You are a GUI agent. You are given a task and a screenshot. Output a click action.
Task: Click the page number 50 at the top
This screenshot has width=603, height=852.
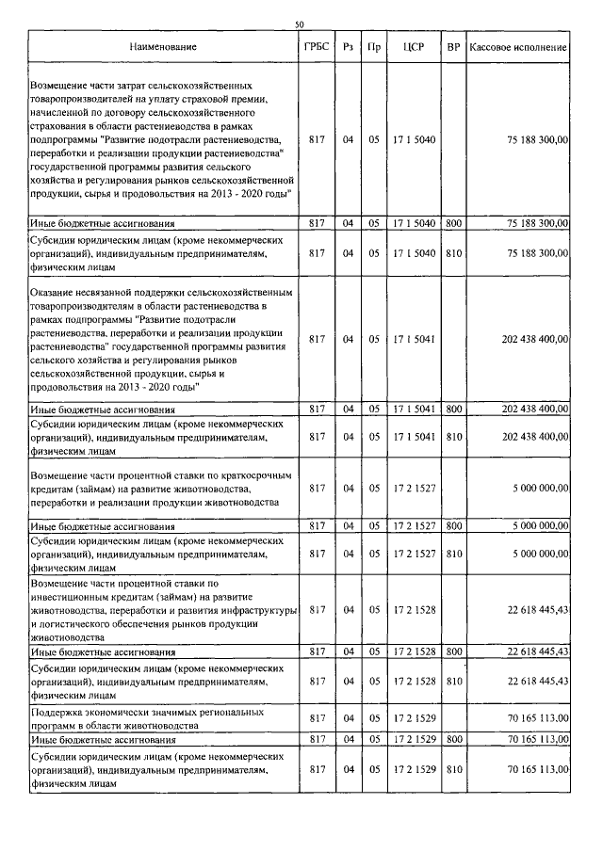(x=300, y=24)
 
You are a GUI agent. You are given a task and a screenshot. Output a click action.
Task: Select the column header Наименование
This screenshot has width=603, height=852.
(x=164, y=46)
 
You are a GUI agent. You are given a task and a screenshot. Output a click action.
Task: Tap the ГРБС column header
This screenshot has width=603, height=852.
(x=317, y=46)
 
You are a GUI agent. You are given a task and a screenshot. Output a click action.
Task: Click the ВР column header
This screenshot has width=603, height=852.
(x=453, y=46)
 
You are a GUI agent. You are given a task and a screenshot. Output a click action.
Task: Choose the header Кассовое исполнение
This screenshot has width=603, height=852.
(x=518, y=46)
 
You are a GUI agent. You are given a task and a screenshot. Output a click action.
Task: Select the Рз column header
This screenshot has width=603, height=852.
(x=348, y=46)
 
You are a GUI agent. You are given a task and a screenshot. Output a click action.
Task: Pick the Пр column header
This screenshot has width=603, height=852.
(x=374, y=46)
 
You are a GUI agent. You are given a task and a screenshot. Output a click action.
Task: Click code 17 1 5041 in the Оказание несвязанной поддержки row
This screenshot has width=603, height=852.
(x=413, y=339)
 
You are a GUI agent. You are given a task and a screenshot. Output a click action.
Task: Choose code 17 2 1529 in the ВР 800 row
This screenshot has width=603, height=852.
(x=413, y=741)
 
